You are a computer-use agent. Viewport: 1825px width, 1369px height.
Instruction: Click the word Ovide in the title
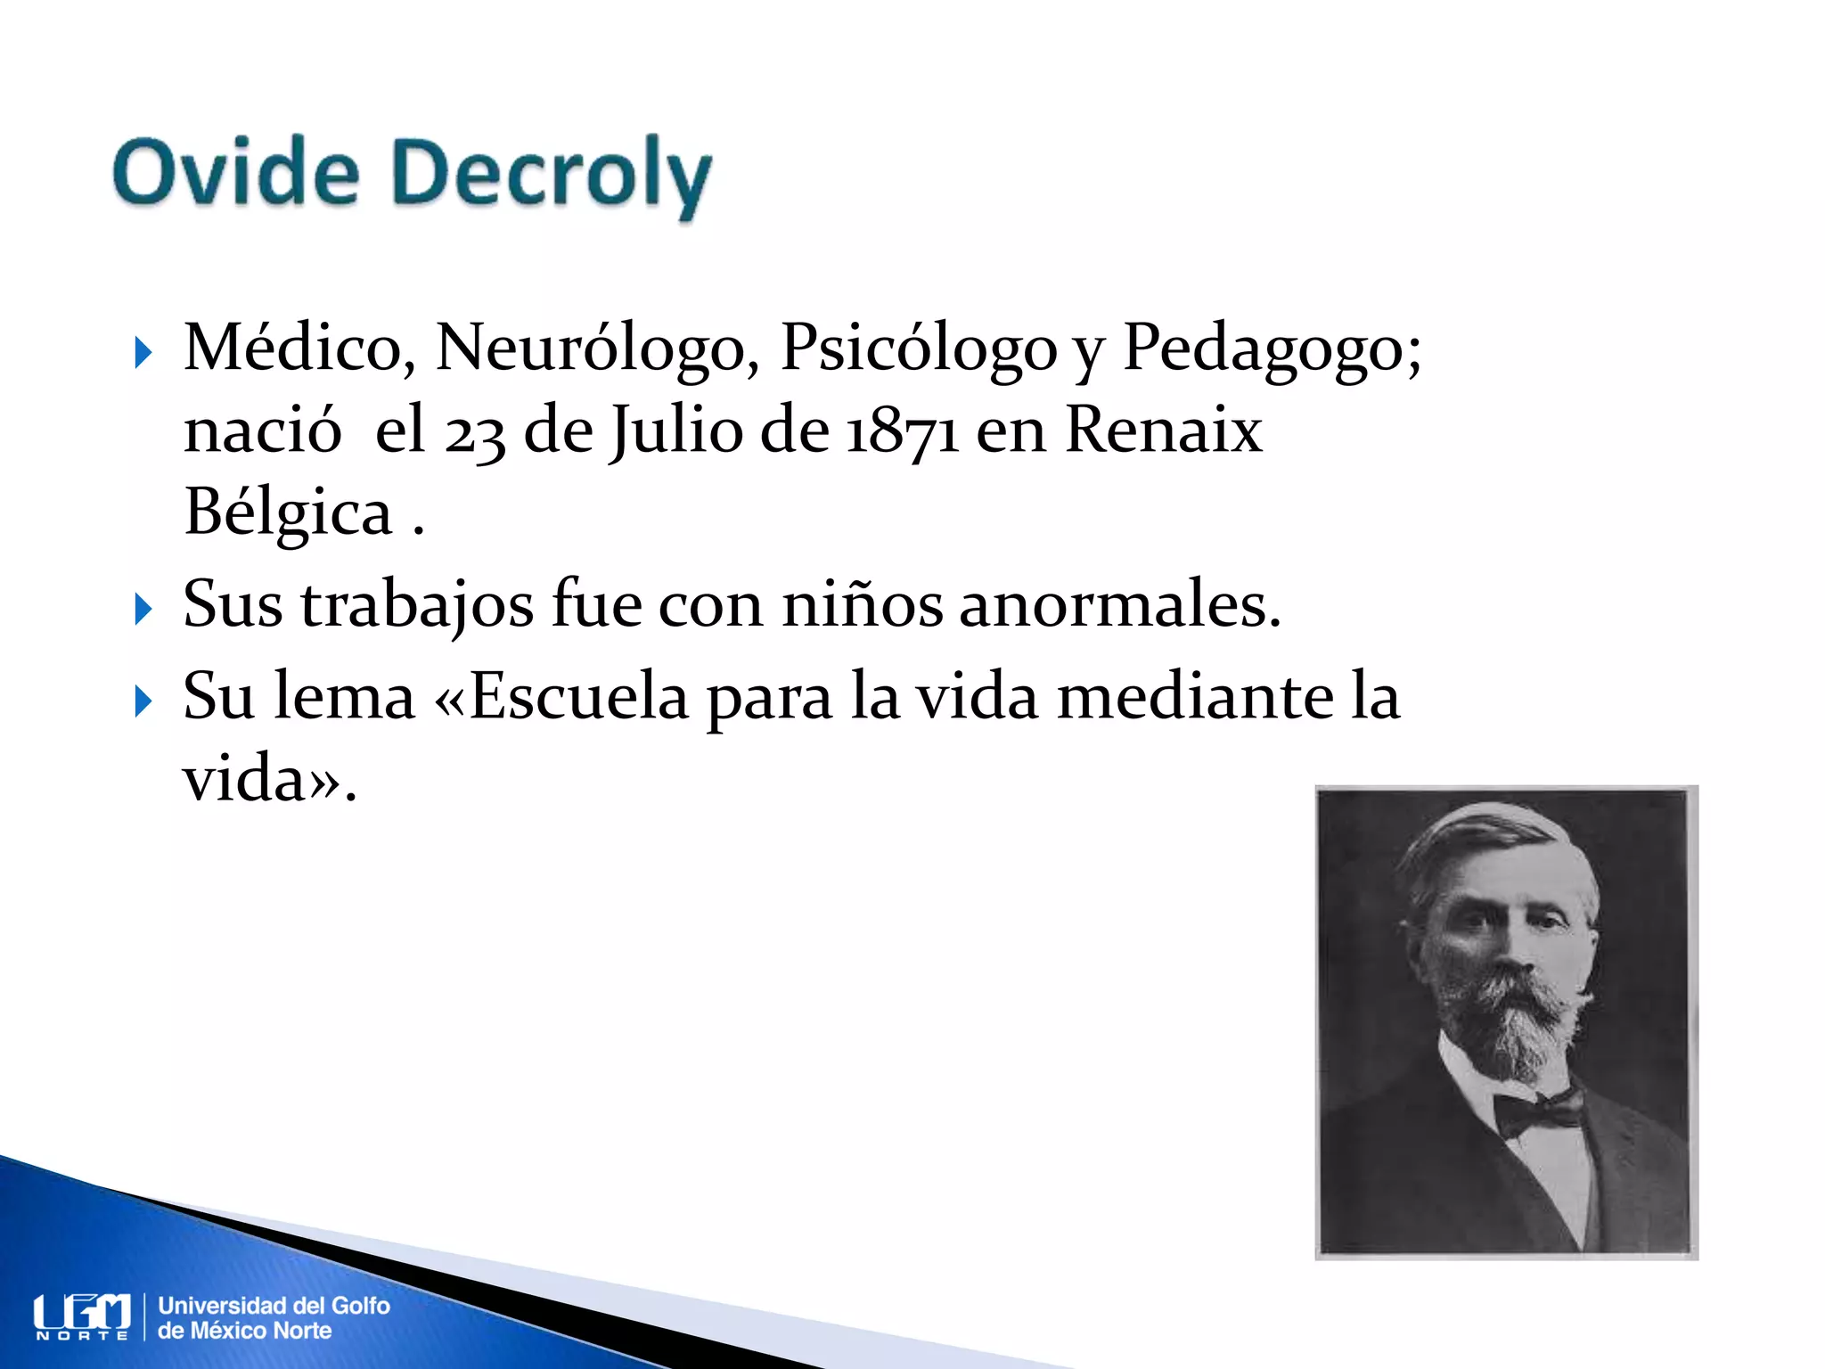tap(236, 172)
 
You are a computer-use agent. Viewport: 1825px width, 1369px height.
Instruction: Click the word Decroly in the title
tap(552, 175)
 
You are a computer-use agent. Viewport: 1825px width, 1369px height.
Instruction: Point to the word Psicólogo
tap(919, 349)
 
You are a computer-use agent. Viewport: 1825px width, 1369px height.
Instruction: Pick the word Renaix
tap(1163, 430)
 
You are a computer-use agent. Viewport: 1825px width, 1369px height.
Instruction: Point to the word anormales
tap(1119, 605)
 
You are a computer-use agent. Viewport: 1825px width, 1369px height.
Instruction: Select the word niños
tap(862, 605)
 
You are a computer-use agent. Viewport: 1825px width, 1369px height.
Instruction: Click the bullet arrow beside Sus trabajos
tap(143, 610)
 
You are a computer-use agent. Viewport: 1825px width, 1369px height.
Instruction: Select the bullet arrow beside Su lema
tap(143, 701)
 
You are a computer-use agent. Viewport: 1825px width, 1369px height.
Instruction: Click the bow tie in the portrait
tap(1537, 1111)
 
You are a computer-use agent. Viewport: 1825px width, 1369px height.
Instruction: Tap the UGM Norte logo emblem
tap(82, 1316)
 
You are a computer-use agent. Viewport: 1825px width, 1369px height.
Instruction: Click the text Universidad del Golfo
tap(274, 1306)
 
